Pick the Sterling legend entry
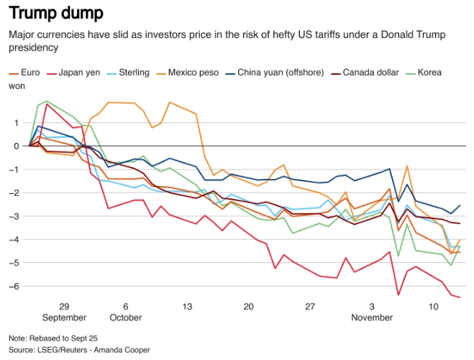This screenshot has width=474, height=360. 133,73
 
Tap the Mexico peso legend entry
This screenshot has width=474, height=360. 197,73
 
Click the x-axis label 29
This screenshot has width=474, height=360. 63,306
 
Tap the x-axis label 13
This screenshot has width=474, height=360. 187,306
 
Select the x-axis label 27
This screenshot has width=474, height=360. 311,306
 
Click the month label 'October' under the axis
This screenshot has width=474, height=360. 125,317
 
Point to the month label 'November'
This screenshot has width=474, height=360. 373,317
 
